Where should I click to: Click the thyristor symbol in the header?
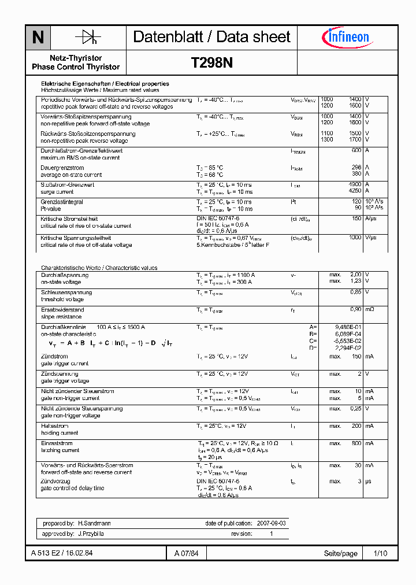point(88,38)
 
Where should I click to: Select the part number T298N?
point(211,63)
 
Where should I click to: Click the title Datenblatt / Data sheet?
point(211,37)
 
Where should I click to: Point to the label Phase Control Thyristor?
point(76,67)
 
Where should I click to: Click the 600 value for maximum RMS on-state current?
point(356,151)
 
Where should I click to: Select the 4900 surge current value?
point(355,185)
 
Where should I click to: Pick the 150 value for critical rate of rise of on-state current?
point(356,219)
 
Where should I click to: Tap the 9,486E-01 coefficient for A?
point(349,327)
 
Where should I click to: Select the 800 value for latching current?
point(356,443)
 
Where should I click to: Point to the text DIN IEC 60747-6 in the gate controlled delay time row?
point(218,481)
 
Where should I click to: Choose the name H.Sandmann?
point(95,523)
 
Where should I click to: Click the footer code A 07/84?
point(186,554)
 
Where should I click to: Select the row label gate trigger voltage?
point(65,381)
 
